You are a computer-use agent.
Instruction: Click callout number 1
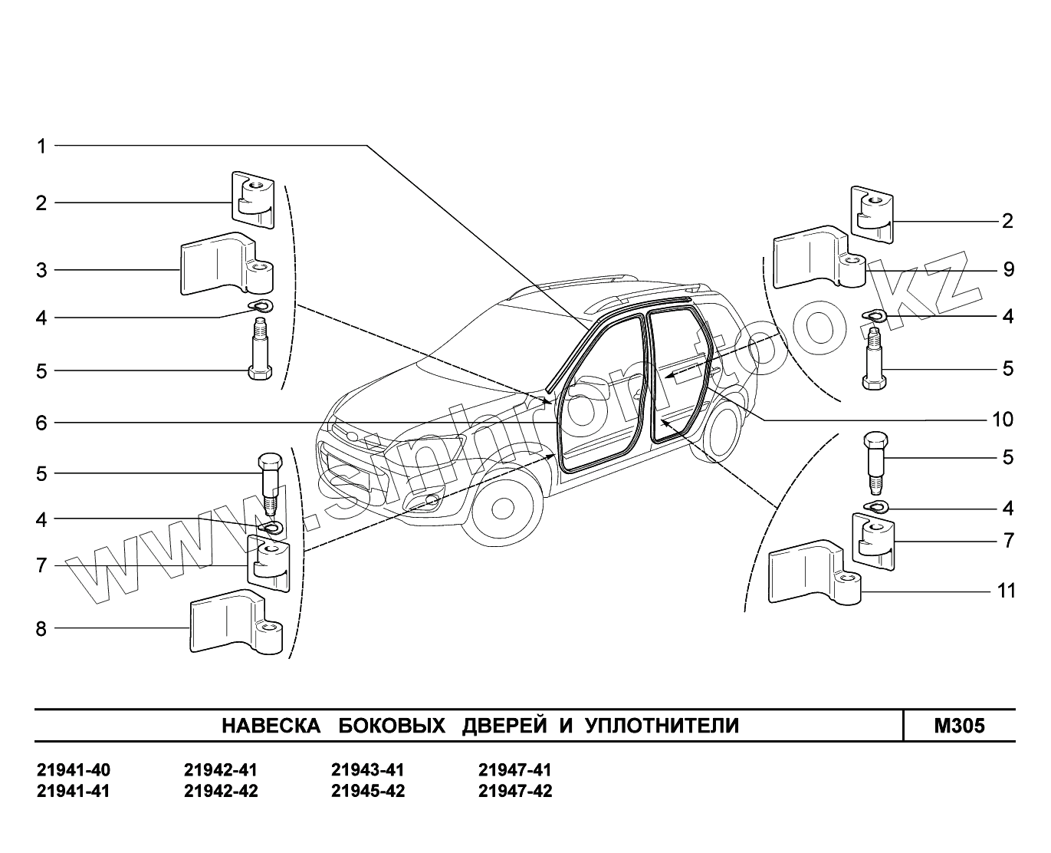[42, 146]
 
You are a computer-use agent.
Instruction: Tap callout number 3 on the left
[42, 270]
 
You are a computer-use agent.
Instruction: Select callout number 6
[42, 423]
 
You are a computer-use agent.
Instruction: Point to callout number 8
[41, 629]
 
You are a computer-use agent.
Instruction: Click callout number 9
[1008, 269]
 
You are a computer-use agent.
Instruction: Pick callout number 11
[1006, 591]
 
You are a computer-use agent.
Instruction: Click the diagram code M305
[959, 726]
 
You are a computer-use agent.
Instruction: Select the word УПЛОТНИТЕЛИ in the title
[662, 726]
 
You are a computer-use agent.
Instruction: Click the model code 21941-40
[74, 770]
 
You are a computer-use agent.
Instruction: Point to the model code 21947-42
[514, 791]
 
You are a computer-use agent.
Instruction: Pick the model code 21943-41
[367, 770]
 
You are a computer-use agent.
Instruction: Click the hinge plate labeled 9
[816, 257]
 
